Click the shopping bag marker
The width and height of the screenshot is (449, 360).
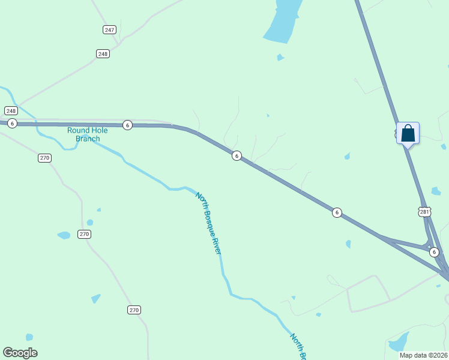[408, 133]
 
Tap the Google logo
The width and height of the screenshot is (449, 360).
[20, 352]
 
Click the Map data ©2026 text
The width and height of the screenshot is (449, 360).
[423, 355]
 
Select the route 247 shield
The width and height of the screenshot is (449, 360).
[109, 29]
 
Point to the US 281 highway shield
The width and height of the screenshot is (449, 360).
[424, 212]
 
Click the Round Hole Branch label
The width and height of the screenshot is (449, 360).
[88, 134]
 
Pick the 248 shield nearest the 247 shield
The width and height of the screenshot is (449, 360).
[103, 54]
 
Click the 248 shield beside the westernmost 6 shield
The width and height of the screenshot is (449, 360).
[11, 110]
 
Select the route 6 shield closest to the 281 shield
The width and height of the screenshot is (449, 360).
[434, 253]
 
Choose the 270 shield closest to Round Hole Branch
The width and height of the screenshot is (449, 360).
[44, 158]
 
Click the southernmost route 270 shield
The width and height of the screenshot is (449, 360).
[134, 310]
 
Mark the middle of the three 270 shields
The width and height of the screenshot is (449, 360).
[84, 234]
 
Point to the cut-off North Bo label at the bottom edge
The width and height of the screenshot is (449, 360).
[298, 347]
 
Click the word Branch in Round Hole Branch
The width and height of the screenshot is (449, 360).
[88, 139]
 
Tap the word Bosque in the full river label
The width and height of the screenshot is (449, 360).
[211, 223]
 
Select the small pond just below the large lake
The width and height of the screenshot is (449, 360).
[280, 58]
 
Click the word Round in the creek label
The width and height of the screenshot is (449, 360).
[78, 130]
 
